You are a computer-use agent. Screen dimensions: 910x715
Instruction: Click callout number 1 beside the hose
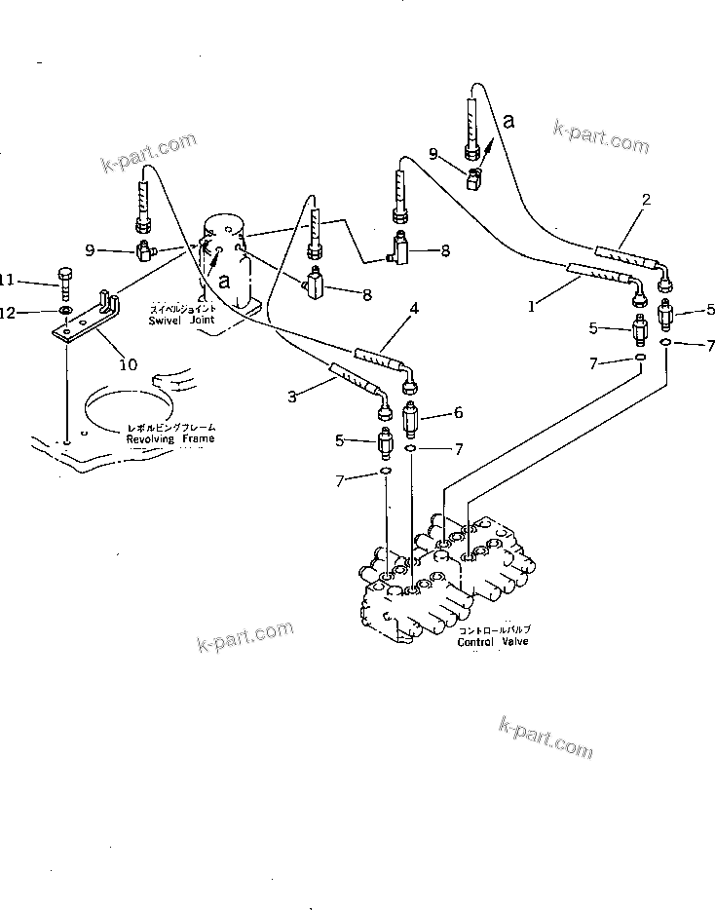[531, 306]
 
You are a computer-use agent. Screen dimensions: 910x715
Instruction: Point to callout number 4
[414, 308]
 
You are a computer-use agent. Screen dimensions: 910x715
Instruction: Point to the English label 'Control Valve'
[491, 642]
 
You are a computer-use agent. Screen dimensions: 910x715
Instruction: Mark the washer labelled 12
[63, 312]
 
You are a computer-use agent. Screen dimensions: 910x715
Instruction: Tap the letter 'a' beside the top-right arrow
[507, 120]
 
